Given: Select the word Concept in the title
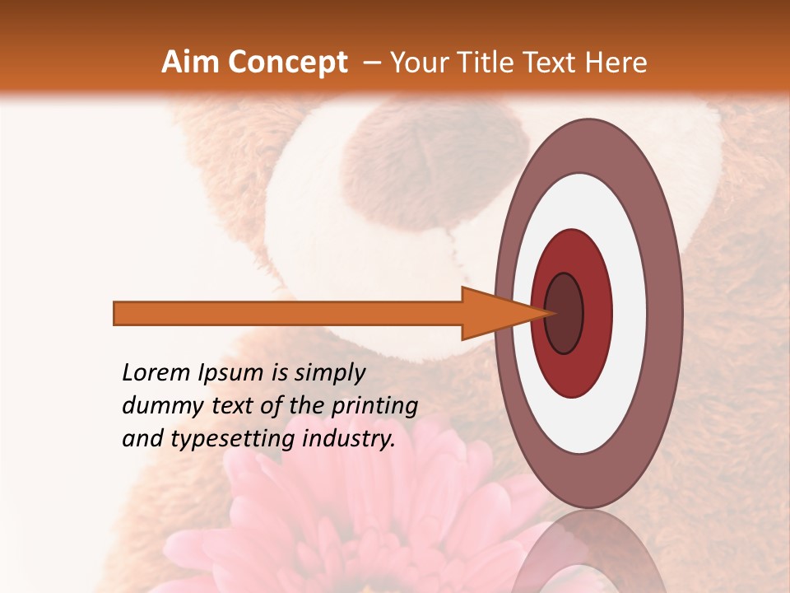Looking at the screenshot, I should click(x=287, y=63).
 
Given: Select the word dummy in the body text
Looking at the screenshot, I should click(x=160, y=406).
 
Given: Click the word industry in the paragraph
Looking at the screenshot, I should click(x=346, y=439).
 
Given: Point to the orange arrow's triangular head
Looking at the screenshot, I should click(x=494, y=313).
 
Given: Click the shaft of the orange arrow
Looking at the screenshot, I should click(x=288, y=313).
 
